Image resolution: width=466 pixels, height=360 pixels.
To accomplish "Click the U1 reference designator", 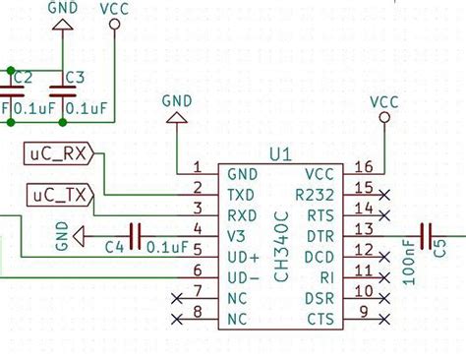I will click(x=280, y=153).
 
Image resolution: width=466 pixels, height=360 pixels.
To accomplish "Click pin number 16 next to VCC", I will click(x=364, y=167).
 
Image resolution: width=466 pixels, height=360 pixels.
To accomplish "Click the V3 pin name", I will click(x=237, y=235).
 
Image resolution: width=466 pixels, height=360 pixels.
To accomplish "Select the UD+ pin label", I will click(x=243, y=257).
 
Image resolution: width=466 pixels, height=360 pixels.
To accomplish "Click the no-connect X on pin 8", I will click(x=177, y=318).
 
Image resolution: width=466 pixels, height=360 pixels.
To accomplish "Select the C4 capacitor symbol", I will click(x=135, y=236).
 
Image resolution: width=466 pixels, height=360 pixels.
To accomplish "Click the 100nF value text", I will click(x=410, y=266).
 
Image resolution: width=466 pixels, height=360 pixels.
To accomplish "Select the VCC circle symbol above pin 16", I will click(x=384, y=118).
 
